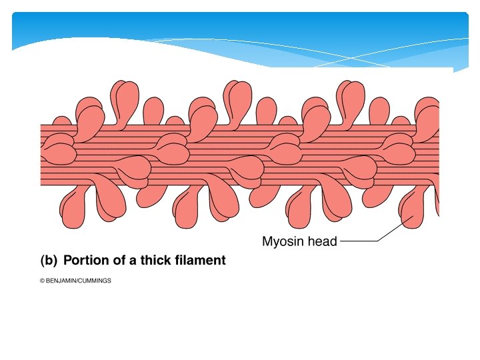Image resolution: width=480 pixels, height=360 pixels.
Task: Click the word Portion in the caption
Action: [85, 261]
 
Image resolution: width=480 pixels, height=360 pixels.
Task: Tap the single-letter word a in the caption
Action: [131, 261]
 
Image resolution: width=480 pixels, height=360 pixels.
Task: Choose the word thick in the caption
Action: [153, 261]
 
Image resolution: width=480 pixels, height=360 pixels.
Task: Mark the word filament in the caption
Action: [198, 261]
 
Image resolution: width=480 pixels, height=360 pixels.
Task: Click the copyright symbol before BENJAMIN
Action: [42, 281]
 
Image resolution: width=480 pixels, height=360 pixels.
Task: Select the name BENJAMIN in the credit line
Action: [62, 281]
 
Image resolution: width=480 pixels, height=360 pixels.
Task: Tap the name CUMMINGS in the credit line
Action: [96, 281]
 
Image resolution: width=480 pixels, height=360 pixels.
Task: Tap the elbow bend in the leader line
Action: [378, 241]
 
